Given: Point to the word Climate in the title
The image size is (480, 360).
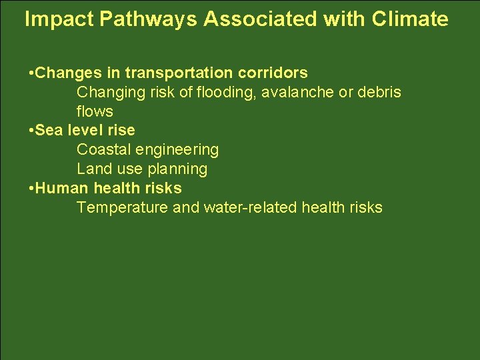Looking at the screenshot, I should pyautogui.click(x=410, y=20).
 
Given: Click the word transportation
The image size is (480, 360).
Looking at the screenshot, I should pyautogui.click(x=176, y=73).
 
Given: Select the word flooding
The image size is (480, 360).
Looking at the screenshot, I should pyautogui.click(x=227, y=92).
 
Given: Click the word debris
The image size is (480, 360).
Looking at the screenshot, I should pyautogui.click(x=379, y=92).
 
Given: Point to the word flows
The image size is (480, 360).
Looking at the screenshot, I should pyautogui.click(x=95, y=111).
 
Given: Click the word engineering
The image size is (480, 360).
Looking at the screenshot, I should pyautogui.click(x=179, y=150).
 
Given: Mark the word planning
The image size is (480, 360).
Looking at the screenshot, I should pyautogui.click(x=177, y=169).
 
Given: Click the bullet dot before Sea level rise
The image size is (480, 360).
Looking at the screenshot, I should pyautogui.click(x=32, y=131).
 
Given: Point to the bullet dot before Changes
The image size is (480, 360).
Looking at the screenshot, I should pyautogui.click(x=32, y=73).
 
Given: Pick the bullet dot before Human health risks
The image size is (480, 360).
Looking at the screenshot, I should pyautogui.click(x=32, y=189).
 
